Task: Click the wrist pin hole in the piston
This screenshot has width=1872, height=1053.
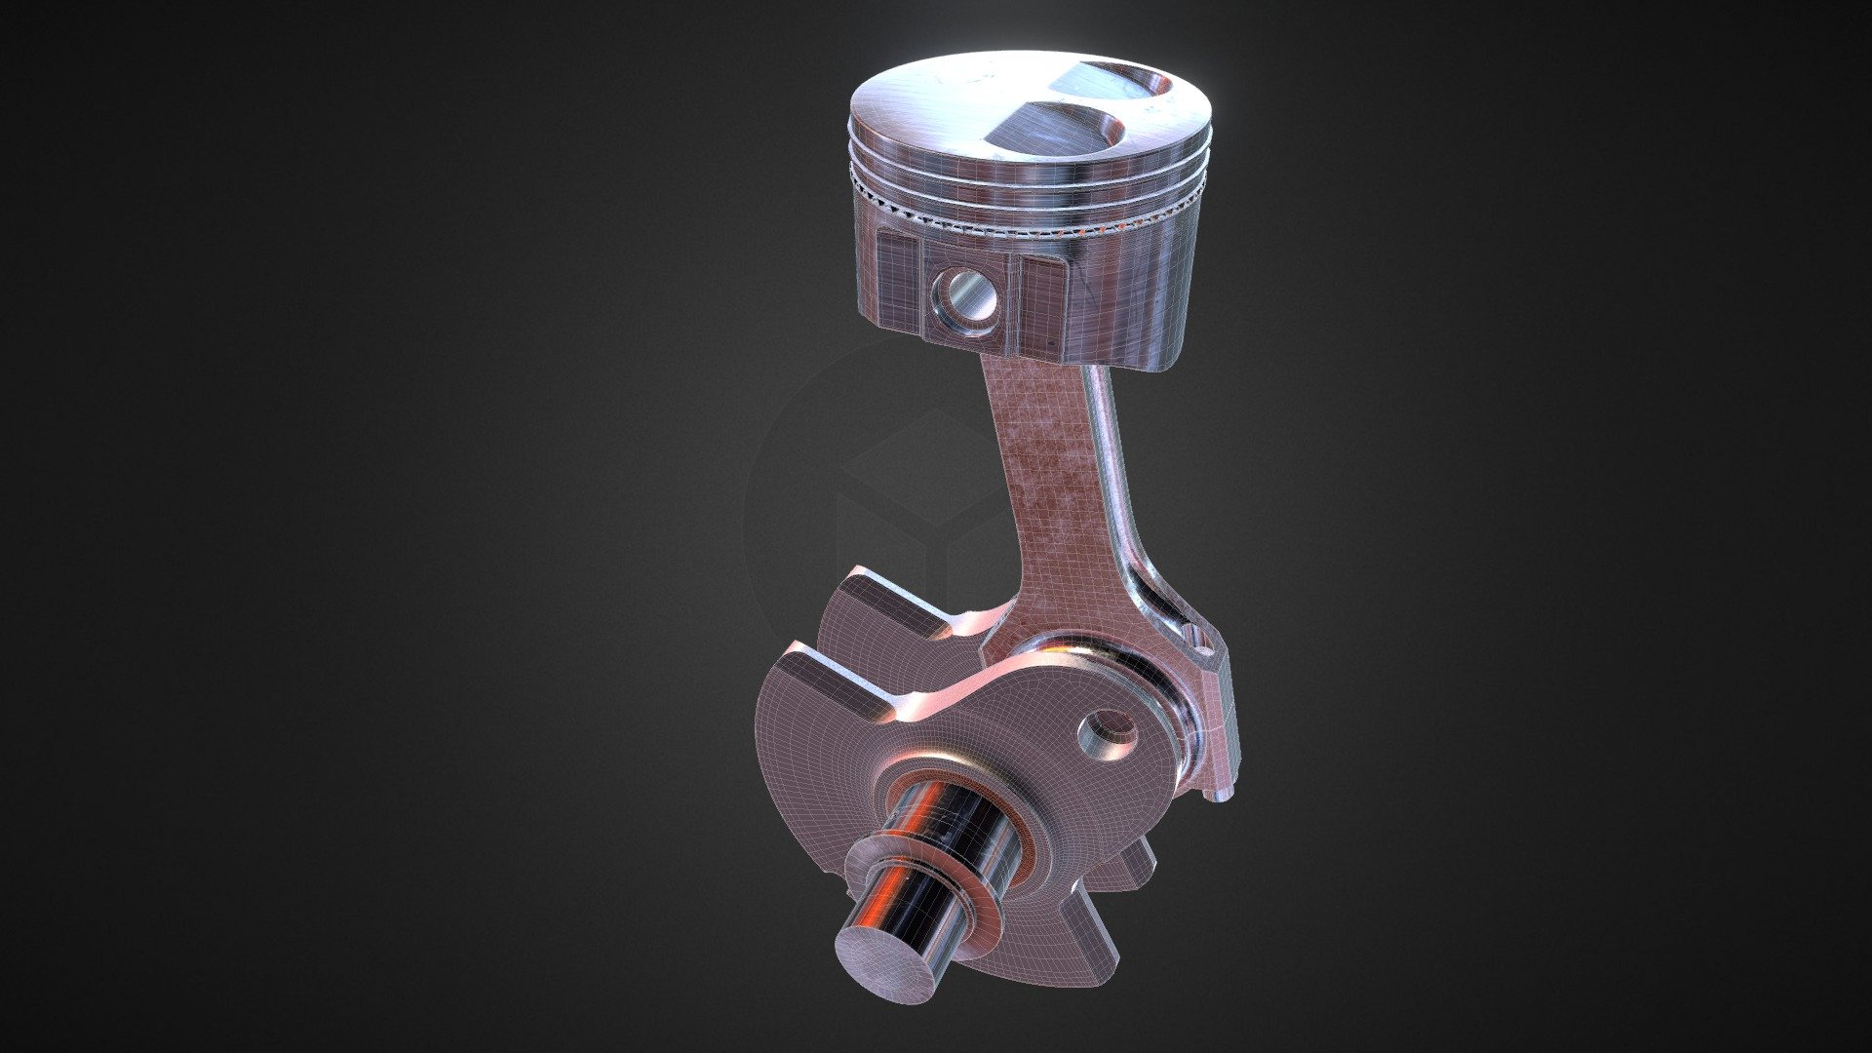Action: [965, 298]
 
